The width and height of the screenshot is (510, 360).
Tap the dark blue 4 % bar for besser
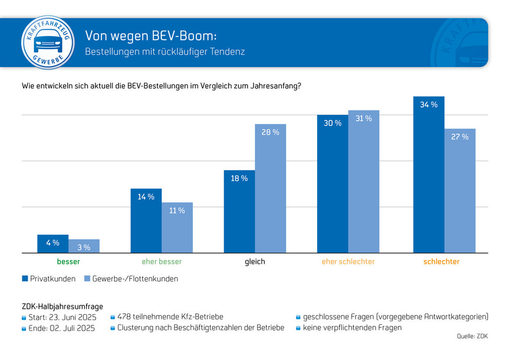53,244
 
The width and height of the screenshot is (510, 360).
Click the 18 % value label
239,178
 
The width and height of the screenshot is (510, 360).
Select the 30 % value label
332,123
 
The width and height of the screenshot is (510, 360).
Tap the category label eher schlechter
348,262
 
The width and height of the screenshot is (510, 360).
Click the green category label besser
68,262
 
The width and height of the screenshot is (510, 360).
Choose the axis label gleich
255,262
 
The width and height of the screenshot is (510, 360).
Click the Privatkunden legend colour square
25,278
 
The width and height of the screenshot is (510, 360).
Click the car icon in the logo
48,41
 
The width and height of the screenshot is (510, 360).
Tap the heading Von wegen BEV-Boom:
151,36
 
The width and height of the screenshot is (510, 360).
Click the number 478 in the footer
125,317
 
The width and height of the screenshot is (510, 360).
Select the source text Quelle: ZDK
472,336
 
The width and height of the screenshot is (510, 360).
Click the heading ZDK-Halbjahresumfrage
62,306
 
